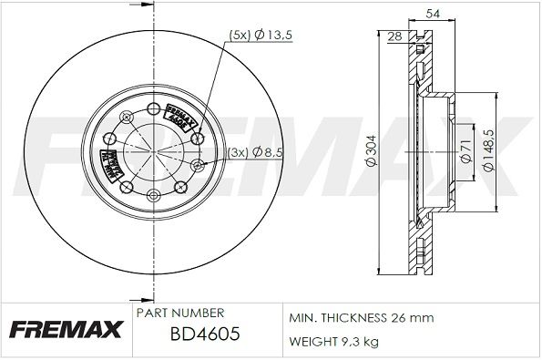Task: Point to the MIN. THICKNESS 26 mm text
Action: [361, 317]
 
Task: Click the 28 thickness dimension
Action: [394, 36]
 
